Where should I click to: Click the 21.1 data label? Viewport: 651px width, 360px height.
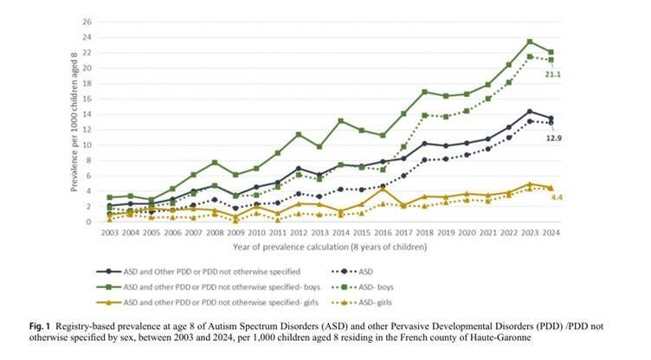click(552, 74)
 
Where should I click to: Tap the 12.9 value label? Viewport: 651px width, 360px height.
click(554, 138)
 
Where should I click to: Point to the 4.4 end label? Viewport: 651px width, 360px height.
click(557, 197)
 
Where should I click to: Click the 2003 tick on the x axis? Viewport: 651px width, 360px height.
click(109, 233)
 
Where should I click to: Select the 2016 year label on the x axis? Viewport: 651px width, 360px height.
click(383, 233)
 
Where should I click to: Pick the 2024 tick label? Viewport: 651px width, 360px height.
click(551, 233)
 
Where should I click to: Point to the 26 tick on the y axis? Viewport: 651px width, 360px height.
click(87, 22)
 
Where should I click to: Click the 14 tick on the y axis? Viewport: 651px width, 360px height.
click(87, 114)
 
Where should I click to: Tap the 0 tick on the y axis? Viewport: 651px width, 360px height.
click(89, 222)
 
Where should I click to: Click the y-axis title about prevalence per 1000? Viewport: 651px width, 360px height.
click(74, 122)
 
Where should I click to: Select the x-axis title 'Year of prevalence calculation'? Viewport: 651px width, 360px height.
click(330, 247)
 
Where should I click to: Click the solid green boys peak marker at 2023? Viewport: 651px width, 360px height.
click(530, 42)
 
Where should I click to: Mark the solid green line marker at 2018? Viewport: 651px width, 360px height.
click(425, 92)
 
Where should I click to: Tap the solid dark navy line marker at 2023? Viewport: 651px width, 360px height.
click(530, 112)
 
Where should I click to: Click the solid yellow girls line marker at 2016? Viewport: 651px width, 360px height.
click(383, 189)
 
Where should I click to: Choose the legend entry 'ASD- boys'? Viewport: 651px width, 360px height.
click(363, 287)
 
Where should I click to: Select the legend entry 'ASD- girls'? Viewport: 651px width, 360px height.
click(362, 303)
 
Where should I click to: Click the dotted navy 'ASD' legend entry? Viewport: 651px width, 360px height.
click(352, 272)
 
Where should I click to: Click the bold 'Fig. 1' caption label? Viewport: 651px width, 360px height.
click(40, 326)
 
